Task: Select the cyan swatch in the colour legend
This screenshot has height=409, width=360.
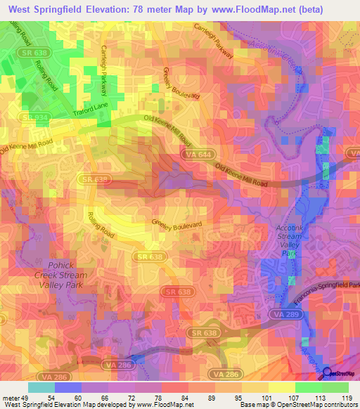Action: (x=41, y=387)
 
